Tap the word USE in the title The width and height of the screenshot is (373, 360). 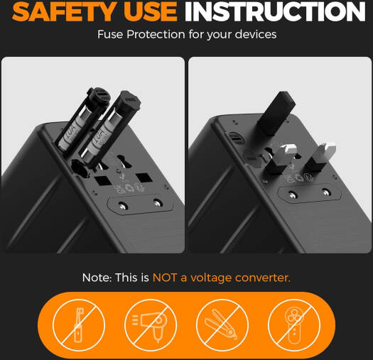(151, 11)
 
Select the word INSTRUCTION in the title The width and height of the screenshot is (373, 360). (275, 11)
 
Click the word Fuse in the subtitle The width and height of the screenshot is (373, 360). (110, 34)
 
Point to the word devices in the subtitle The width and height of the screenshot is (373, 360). (256, 34)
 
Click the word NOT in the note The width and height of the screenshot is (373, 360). (165, 278)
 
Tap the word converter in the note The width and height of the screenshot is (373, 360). (263, 278)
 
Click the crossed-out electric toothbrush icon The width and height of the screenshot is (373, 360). (79, 325)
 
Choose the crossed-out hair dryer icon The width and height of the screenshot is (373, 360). (151, 325)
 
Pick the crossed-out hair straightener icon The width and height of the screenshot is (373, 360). (222, 325)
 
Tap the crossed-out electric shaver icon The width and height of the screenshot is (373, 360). (294, 325)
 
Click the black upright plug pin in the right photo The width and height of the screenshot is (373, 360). (276, 113)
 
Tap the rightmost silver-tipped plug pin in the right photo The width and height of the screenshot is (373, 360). (321, 157)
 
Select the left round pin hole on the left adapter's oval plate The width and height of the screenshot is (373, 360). (122, 205)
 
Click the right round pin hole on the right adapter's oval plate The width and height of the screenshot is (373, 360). (325, 192)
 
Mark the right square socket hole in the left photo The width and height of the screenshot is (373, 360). (144, 178)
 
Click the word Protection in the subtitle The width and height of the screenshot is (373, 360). (156, 34)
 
